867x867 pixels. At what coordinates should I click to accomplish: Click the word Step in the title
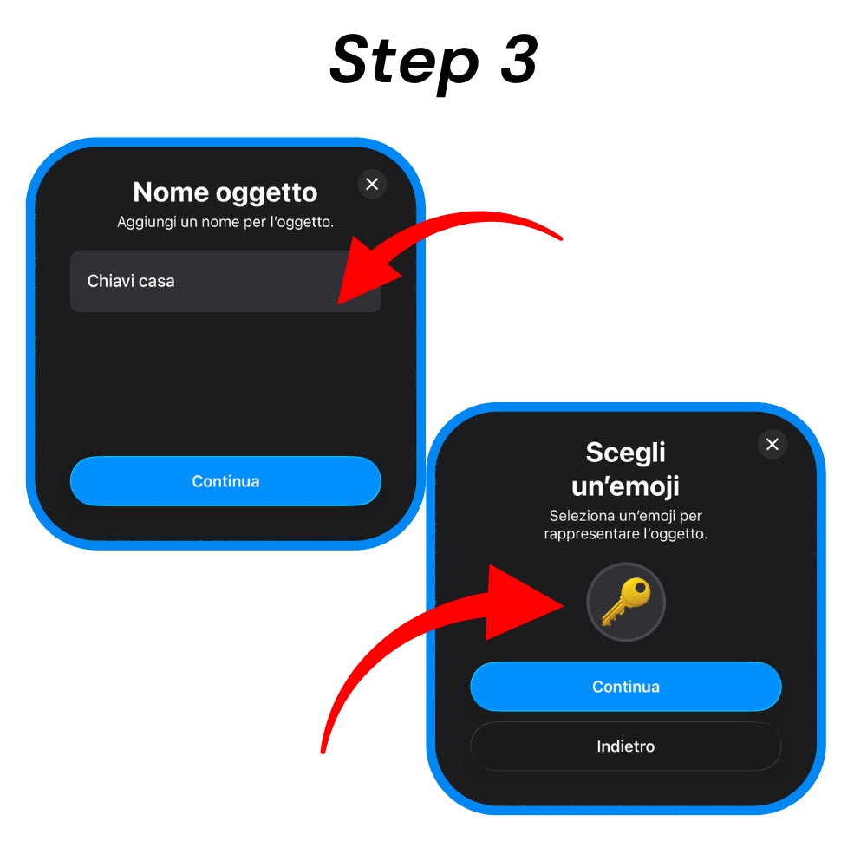(x=404, y=61)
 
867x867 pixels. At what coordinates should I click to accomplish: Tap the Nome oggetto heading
(x=225, y=193)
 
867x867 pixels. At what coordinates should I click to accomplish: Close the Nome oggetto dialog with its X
(x=372, y=184)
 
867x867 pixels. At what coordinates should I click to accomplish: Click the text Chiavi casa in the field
(x=131, y=281)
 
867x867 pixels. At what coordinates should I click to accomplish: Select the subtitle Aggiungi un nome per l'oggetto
(x=225, y=222)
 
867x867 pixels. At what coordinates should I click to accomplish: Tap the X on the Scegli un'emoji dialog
(x=772, y=444)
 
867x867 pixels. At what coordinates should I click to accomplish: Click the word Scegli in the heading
(x=625, y=453)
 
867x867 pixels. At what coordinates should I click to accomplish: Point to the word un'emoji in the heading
(x=625, y=486)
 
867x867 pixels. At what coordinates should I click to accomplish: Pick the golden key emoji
(x=626, y=602)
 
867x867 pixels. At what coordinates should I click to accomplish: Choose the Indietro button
(x=625, y=746)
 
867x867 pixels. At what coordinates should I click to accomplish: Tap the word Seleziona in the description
(x=582, y=516)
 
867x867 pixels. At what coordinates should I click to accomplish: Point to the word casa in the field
(x=156, y=282)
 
